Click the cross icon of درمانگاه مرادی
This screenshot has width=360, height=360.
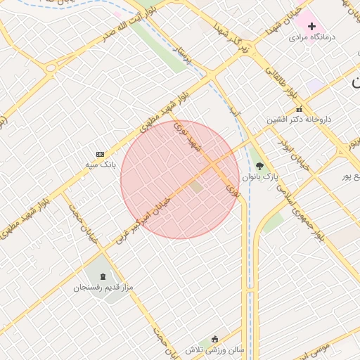tap(311, 26)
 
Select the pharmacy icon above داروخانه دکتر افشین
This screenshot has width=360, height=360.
tap(299, 109)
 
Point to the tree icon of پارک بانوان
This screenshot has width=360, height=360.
tap(259, 167)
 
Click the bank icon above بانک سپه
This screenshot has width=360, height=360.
tap(100, 154)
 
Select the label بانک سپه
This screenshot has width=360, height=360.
tap(100, 165)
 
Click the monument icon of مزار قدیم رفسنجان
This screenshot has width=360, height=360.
tap(104, 276)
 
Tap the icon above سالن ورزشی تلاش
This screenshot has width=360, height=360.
tap(214, 339)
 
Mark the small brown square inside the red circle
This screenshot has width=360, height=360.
tap(196, 187)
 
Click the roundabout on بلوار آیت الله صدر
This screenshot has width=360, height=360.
tap(51, 68)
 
